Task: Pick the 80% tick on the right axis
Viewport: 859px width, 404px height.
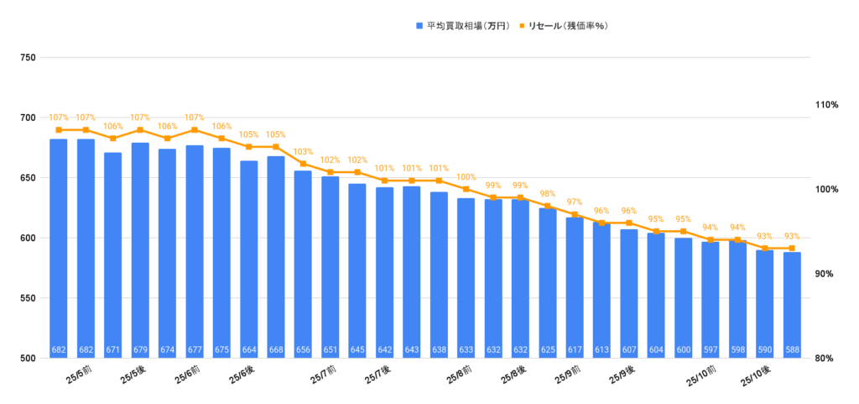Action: (x=827, y=359)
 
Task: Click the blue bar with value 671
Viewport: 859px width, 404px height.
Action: (x=113, y=252)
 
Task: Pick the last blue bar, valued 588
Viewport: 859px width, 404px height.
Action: (x=792, y=302)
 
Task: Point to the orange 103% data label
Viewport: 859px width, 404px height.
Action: (x=303, y=152)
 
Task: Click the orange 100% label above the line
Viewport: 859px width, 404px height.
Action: (x=466, y=177)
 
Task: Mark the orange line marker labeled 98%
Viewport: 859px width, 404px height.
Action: (x=548, y=206)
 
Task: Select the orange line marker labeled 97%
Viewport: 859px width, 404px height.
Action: (x=575, y=214)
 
